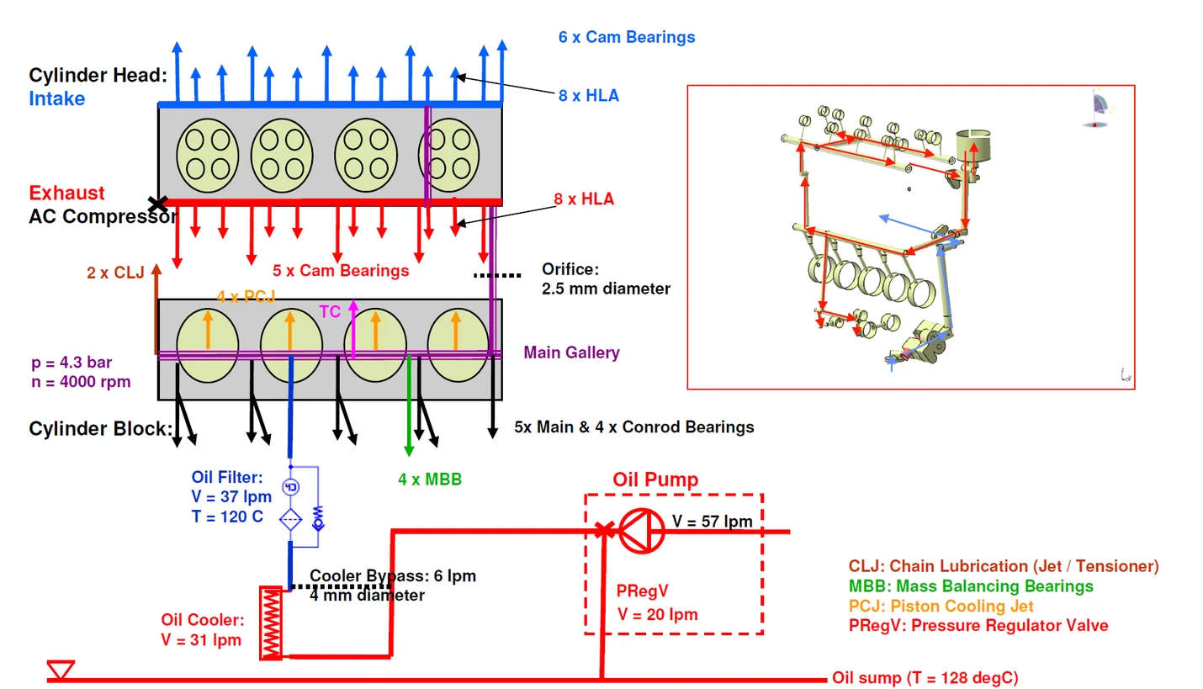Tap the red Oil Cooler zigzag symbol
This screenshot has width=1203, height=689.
click(271, 623)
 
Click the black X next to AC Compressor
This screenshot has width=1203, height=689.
click(156, 204)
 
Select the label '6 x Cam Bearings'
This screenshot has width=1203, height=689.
click(627, 37)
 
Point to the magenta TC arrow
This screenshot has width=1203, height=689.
click(353, 328)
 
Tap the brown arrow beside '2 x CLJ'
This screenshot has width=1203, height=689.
click(156, 311)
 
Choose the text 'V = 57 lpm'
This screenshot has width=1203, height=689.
click(712, 522)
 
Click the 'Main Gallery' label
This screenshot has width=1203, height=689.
click(571, 352)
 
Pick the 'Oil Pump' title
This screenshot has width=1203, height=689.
click(655, 480)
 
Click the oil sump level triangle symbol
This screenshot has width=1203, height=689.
click(61, 670)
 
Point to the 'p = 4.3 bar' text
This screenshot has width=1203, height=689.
click(71, 363)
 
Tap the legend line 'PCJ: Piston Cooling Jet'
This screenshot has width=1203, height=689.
click(941, 606)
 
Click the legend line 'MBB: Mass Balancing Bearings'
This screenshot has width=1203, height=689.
click(971, 586)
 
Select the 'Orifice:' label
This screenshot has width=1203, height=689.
click(570, 270)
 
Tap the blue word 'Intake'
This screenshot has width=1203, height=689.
click(57, 98)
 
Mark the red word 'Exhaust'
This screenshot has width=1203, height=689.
click(67, 193)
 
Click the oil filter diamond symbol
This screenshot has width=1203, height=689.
click(290, 518)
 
